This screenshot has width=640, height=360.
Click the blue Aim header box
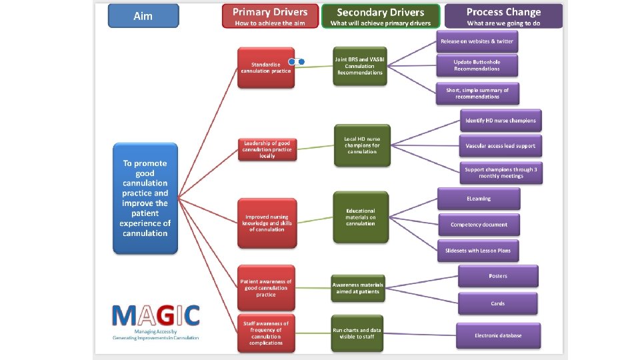click(x=143, y=16)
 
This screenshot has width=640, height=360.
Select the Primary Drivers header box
click(x=269, y=16)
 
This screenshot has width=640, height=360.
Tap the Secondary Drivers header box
click(x=381, y=16)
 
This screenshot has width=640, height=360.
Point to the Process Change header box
click(x=503, y=16)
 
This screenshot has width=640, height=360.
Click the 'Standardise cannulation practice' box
click(x=266, y=67)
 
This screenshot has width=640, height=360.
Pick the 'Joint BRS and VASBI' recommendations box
click(x=360, y=65)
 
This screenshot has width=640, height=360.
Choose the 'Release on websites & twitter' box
click(x=476, y=41)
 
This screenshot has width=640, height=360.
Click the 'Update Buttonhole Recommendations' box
click(x=477, y=65)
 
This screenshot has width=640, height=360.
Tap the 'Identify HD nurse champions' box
click(x=500, y=121)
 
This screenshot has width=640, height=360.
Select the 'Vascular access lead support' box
click(x=500, y=145)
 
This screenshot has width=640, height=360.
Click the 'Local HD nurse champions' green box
click(x=361, y=145)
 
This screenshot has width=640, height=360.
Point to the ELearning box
click(x=479, y=198)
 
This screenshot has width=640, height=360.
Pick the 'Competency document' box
click(x=479, y=225)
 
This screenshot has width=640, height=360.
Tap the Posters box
click(x=497, y=276)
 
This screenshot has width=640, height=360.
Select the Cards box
click(x=497, y=303)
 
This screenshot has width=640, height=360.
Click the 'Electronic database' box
click(x=498, y=335)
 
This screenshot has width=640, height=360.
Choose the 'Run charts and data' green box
click(x=357, y=333)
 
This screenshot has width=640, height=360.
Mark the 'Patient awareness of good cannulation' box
click(x=266, y=288)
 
